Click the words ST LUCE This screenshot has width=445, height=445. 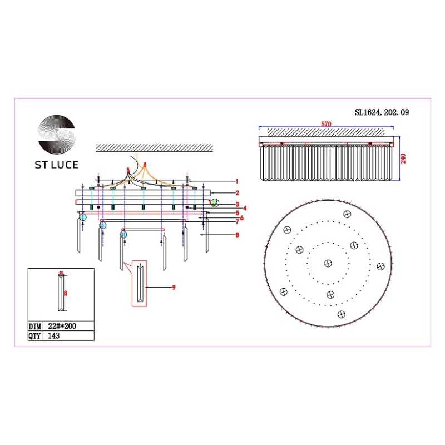(x=57, y=165)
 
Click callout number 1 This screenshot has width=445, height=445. (x=236, y=181)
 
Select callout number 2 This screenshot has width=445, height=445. (x=236, y=193)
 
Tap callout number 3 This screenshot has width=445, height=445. (x=236, y=204)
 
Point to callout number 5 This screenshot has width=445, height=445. (x=236, y=213)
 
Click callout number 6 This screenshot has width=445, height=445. (x=241, y=217)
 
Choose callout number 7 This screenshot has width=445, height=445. (x=236, y=222)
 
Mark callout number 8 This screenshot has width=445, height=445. (x=236, y=235)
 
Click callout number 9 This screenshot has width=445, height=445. (x=174, y=287)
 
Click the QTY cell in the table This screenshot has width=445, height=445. (x=35, y=336)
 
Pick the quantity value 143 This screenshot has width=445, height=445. (x=54, y=336)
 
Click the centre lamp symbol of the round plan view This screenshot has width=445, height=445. (x=327, y=264)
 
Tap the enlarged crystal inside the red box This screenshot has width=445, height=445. (x=141, y=283)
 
